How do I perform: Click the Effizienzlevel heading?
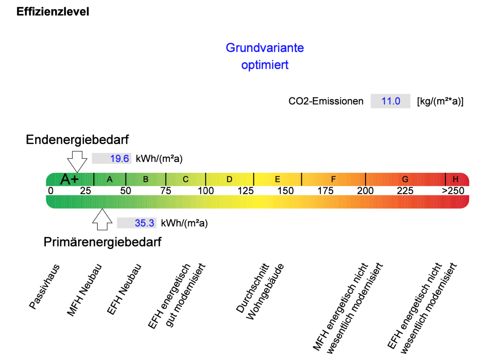pyautogui.click(x=53, y=12)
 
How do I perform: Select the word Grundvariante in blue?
pyautogui.click(x=265, y=48)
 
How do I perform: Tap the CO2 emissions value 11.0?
pyautogui.click(x=390, y=101)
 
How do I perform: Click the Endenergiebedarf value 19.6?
pyautogui.click(x=120, y=158)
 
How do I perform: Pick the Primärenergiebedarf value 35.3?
pyautogui.click(x=144, y=223)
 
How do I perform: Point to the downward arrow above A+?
pyautogui.click(x=77, y=162)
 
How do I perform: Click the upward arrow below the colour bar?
pyautogui.click(x=102, y=220)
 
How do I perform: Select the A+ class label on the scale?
pyautogui.click(x=70, y=179)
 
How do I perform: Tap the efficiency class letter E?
pyautogui.click(x=277, y=179)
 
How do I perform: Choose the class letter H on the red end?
pyautogui.click(x=456, y=179)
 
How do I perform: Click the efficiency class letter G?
pyautogui.click(x=405, y=179)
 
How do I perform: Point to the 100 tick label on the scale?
pyautogui.click(x=206, y=191)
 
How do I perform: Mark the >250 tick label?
pyautogui.click(x=453, y=191)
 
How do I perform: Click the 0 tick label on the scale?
pyautogui.click(x=50, y=191)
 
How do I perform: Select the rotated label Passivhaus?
pyautogui.click(x=44, y=286)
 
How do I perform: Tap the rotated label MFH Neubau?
pyautogui.click(x=85, y=290)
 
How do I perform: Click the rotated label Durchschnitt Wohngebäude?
pyautogui.click(x=260, y=291)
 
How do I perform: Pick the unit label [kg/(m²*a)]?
pyautogui.click(x=440, y=101)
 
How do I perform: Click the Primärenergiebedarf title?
pyautogui.click(x=102, y=242)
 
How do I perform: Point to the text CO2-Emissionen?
pyautogui.click(x=326, y=101)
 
